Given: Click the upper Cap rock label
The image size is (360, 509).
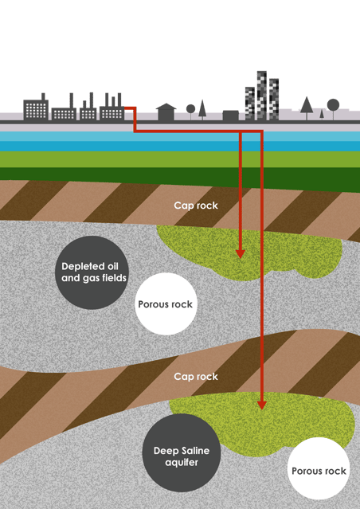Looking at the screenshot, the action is (x=196, y=206).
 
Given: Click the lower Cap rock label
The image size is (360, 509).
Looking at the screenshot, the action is (x=196, y=377).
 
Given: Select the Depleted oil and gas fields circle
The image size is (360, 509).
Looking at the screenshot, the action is (x=92, y=272).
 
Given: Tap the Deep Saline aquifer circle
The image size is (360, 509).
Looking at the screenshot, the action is (x=182, y=452).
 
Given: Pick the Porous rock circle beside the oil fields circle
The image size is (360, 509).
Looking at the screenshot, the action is (x=166, y=303).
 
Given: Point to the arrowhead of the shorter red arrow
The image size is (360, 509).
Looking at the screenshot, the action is (x=241, y=254).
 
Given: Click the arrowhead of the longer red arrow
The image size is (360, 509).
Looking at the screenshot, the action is (x=262, y=405).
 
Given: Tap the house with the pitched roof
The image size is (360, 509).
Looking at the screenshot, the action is (x=166, y=112).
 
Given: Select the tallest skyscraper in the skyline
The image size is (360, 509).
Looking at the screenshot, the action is (x=262, y=96).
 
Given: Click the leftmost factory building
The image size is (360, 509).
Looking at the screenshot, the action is (x=36, y=107).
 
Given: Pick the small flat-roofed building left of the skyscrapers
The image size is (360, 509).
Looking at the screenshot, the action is (x=231, y=116).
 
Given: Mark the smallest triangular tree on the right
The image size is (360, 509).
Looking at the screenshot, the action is (x=322, y=115).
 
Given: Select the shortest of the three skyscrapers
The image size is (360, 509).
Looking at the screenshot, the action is (x=250, y=104).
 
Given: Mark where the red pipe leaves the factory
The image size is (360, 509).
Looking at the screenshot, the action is (x=125, y=108).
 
